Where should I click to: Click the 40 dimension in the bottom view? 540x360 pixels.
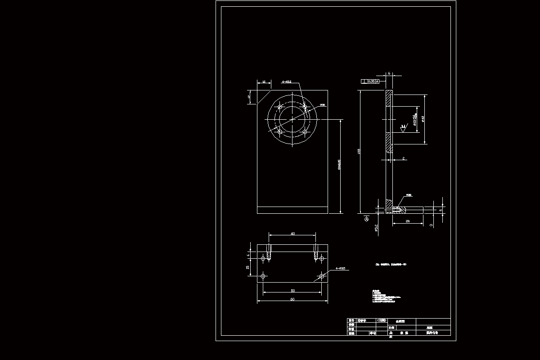point(292,234)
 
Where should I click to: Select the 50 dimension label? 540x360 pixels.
point(292,290)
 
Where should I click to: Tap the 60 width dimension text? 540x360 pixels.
point(292,299)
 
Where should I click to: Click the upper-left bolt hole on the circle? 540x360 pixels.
point(280,107)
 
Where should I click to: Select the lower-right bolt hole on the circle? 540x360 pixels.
point(305,132)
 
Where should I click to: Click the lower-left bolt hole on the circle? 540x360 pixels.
point(280,132)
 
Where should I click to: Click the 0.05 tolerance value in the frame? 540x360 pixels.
point(371,81)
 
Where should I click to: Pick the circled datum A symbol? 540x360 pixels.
point(366,220)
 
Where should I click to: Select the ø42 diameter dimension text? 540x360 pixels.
point(423,119)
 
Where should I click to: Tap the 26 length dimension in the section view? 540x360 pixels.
point(407,221)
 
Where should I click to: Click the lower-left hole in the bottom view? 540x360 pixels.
point(264,276)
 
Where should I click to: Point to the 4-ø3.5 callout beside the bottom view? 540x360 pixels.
point(341,269)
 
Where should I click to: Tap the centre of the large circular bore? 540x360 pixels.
point(292,119)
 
